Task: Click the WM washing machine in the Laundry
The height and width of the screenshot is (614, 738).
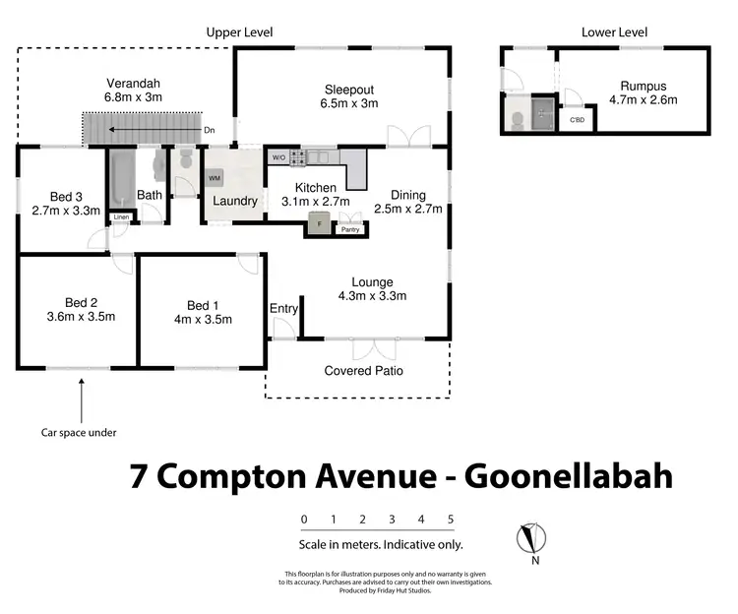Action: [215, 178]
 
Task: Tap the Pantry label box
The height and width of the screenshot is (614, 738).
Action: [350, 231]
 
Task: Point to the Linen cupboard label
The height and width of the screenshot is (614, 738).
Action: [121, 216]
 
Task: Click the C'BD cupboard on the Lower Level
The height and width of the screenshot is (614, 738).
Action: [578, 121]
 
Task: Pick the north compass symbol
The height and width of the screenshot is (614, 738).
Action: [530, 539]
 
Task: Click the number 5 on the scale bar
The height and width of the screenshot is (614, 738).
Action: [450, 520]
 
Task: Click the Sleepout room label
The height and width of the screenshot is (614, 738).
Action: [349, 90]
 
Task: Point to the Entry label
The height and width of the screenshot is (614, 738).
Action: [283, 309]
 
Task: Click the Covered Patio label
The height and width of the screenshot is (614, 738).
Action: [363, 371]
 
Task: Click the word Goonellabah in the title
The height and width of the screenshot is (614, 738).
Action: [569, 476]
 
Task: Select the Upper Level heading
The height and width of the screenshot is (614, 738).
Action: [239, 32]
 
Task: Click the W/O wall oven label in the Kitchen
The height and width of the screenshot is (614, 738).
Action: [278, 157]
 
